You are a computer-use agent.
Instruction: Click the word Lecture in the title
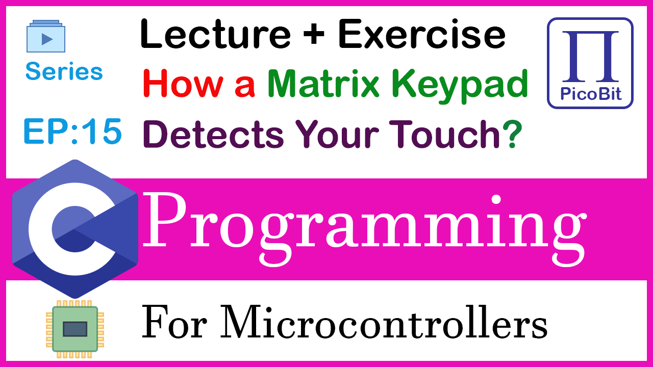coord(216,34)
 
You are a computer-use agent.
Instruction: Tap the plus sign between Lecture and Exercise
coord(314,34)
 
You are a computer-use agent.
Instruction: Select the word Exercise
coord(422,34)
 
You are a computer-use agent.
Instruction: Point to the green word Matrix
coord(323,84)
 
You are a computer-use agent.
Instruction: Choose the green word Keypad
coord(460,87)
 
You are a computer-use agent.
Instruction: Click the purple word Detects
coord(213,135)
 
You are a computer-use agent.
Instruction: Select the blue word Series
coord(64,71)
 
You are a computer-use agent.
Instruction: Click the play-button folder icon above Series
coord(46,36)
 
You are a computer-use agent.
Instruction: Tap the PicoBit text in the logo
coord(591,94)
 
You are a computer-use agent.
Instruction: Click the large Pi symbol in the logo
coord(591,56)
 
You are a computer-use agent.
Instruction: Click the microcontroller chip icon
coord(75,329)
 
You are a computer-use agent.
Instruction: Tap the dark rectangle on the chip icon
coord(75,329)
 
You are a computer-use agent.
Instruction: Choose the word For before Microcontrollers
coord(174,322)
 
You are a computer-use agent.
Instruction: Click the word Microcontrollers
coord(384,322)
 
